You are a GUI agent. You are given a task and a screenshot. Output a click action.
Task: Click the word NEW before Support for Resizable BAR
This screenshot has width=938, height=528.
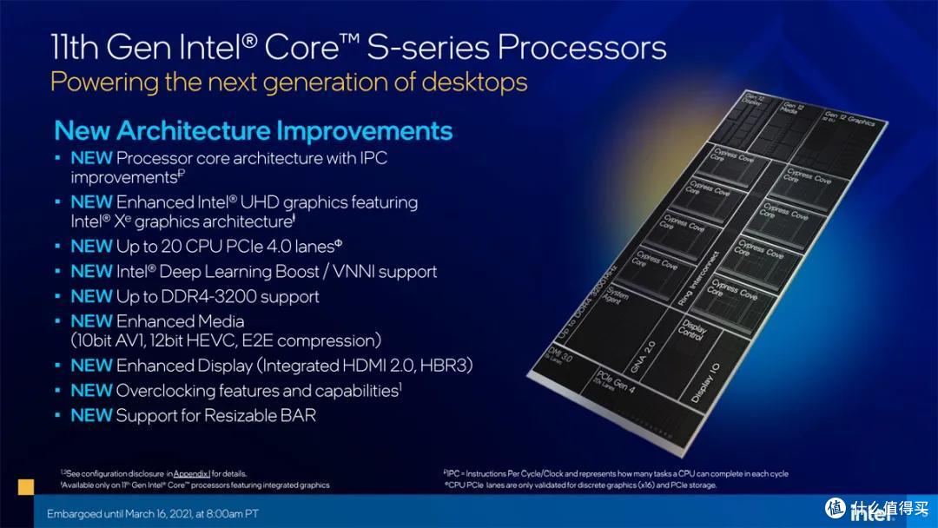[91, 416]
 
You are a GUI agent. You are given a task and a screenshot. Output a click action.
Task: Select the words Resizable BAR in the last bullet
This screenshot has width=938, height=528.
[265, 416]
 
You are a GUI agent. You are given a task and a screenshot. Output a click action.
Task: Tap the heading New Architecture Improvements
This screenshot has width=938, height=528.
[253, 131]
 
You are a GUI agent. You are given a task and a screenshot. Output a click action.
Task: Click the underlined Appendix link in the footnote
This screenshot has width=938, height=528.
[191, 473]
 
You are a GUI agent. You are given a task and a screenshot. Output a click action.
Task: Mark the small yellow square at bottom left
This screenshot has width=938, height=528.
[26, 486]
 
